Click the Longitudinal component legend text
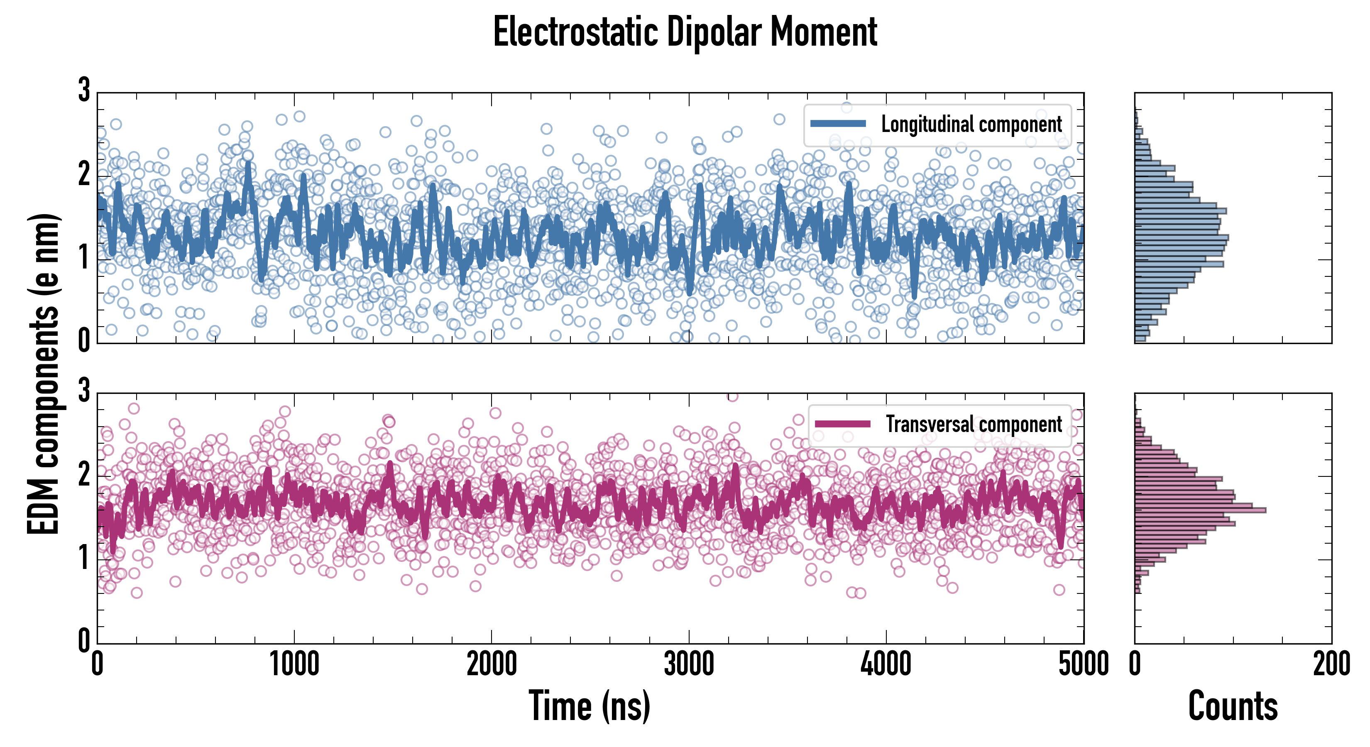point(971,124)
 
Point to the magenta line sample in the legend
point(842,424)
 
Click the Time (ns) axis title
point(589,706)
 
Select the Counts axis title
point(1233,706)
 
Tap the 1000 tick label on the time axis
point(294,664)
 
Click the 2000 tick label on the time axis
point(492,664)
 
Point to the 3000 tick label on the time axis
point(689,664)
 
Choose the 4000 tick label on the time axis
point(886,664)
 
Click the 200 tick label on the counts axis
point(1331,664)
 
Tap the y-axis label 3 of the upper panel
point(84,90)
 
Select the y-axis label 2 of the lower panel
point(84,475)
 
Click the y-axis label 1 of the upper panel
point(84,259)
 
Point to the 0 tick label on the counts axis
point(1135,664)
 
